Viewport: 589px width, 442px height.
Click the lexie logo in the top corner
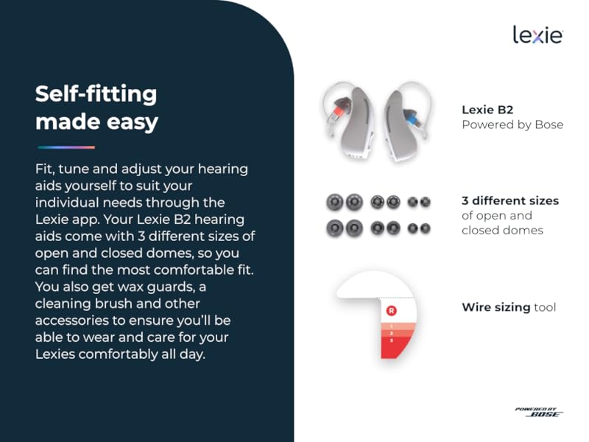tap(537, 34)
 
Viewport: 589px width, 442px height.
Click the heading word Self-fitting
tap(96, 94)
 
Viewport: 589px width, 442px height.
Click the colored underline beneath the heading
tap(66, 147)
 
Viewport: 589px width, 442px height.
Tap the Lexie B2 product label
tap(487, 110)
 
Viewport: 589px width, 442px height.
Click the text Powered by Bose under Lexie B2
tap(512, 124)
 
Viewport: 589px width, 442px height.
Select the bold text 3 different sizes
tap(510, 200)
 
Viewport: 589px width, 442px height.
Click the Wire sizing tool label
tap(509, 306)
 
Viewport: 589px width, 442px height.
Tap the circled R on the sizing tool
tap(391, 311)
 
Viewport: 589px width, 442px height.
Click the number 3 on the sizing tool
tap(392, 340)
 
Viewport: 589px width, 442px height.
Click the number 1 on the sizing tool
tap(392, 325)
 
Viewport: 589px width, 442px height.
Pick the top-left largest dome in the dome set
tap(334, 201)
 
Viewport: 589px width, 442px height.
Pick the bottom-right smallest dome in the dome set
tap(426, 228)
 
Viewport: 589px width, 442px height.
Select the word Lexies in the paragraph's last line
tap(55, 354)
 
